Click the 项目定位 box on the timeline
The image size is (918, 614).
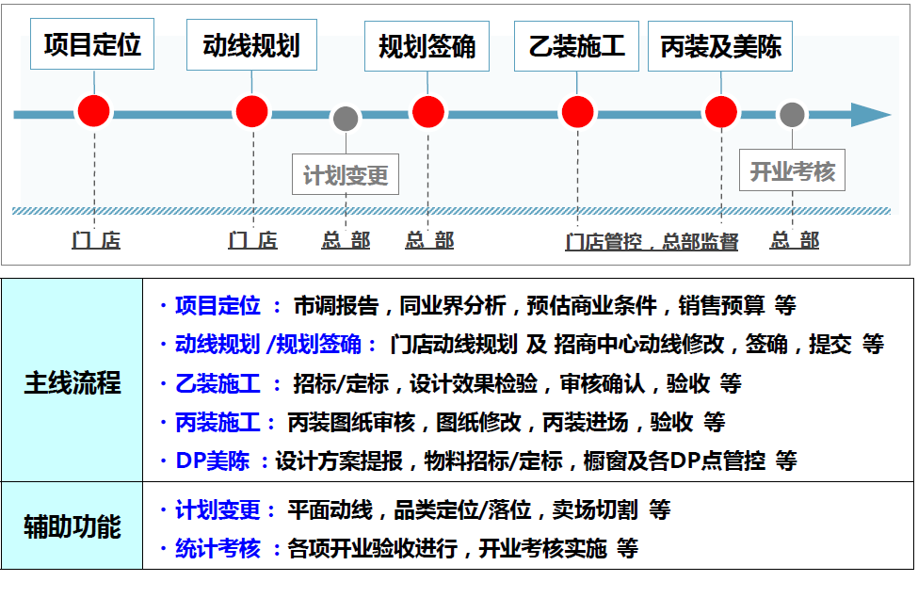[x=92, y=44]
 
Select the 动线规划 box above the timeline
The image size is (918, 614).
[x=251, y=45]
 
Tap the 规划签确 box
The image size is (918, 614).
[x=427, y=46]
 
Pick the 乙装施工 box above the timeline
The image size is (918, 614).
[x=576, y=46]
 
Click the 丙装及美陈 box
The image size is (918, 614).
[x=720, y=46]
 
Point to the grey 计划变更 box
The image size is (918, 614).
[x=346, y=174]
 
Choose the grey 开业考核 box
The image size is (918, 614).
[x=792, y=170]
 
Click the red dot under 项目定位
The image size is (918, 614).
[x=93, y=111]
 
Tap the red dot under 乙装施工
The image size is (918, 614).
[x=578, y=112]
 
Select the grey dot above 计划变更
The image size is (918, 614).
[x=346, y=119]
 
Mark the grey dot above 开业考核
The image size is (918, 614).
[x=792, y=115]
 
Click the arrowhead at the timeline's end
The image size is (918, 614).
[x=871, y=115]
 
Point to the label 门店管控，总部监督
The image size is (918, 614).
[x=652, y=241]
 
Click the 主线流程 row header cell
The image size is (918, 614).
[x=72, y=380]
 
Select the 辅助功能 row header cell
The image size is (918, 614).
[x=72, y=525]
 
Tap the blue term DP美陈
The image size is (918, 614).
[x=213, y=460]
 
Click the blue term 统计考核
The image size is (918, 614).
[x=217, y=548]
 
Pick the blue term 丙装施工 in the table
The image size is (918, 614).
[x=217, y=422]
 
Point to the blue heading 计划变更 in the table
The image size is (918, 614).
[x=217, y=509]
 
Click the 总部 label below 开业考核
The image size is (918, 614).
[x=795, y=240]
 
